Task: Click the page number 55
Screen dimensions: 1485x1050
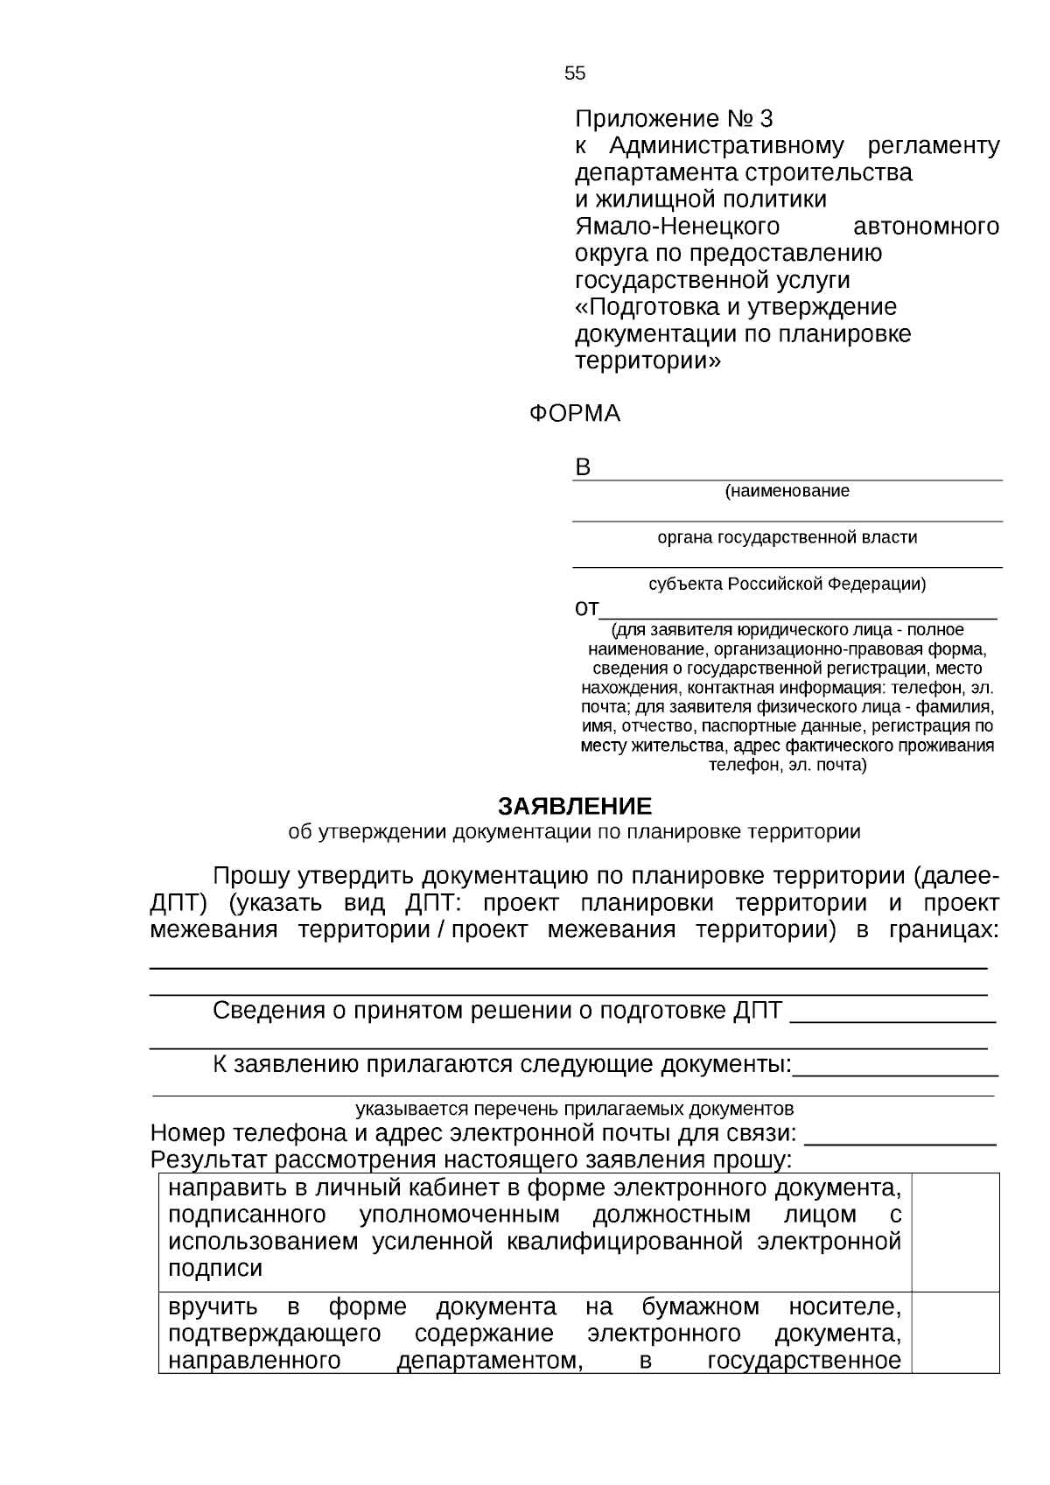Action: (x=575, y=74)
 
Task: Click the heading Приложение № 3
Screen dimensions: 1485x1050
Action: (x=674, y=118)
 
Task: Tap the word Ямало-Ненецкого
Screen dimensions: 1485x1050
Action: (x=676, y=227)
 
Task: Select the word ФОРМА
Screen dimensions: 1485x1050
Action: (x=574, y=414)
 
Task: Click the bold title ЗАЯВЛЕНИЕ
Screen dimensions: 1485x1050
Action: (x=575, y=806)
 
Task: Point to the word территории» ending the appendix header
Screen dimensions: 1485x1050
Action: (x=647, y=361)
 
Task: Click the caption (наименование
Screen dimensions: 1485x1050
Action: (x=787, y=491)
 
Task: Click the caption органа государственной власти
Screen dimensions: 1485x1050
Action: (x=787, y=537)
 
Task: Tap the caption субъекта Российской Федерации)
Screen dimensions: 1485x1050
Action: (x=787, y=584)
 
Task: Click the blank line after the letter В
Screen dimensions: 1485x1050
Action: (x=796, y=473)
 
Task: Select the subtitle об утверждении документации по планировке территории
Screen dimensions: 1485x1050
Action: (x=574, y=832)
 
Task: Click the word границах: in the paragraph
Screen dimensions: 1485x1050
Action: (x=942, y=930)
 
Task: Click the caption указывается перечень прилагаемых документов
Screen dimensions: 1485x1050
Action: (x=574, y=1110)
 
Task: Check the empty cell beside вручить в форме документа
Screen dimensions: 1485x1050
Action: (x=955, y=1332)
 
